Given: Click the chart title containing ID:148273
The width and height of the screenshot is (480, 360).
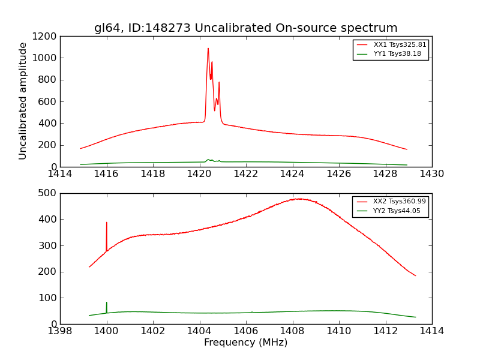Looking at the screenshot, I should point(245,28).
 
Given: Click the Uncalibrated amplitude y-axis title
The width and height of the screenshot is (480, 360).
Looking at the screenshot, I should point(23,101).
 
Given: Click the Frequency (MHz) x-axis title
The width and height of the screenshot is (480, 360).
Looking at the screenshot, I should point(245,343).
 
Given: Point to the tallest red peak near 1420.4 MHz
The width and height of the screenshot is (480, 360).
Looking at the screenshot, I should point(208,49).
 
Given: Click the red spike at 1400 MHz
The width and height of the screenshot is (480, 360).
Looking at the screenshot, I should point(107,223).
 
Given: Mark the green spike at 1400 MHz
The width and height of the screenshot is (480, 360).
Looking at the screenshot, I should point(107,302).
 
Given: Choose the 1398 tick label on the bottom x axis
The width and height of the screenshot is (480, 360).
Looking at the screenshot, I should point(60,331).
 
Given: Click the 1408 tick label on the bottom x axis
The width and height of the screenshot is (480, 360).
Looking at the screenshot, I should point(292,331).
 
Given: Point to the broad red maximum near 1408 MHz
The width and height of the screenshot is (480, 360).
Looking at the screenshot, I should point(298,199).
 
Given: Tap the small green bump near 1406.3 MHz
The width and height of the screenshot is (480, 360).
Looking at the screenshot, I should point(252,312).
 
